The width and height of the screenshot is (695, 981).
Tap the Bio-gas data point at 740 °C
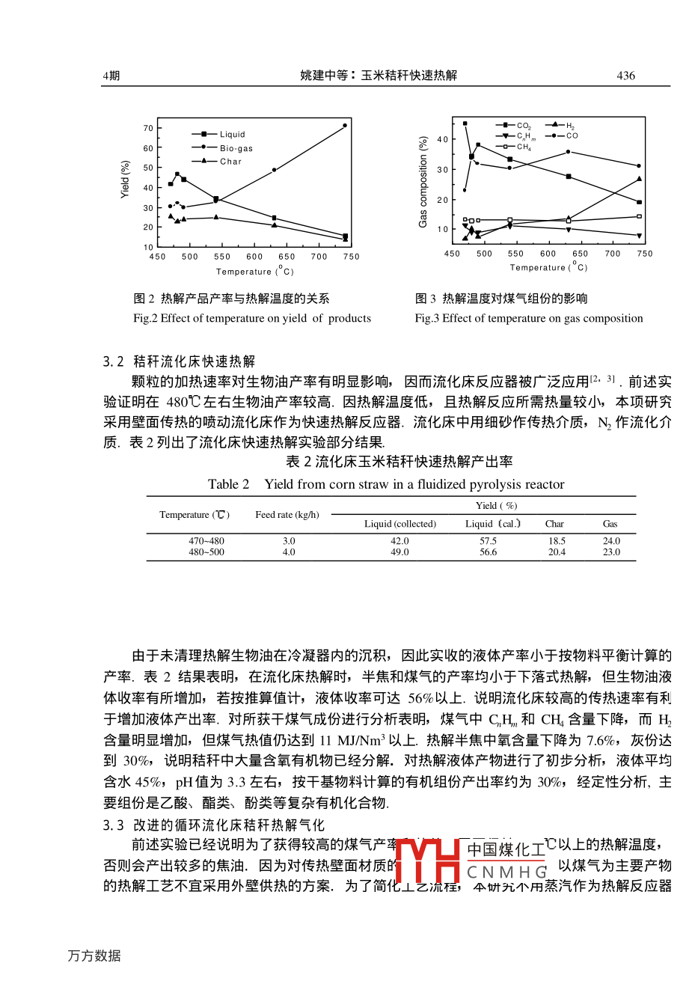(x=345, y=126)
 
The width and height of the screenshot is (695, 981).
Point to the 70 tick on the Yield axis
(x=148, y=129)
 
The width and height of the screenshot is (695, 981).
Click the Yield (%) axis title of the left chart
(x=126, y=180)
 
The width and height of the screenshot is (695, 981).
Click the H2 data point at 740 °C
(x=639, y=179)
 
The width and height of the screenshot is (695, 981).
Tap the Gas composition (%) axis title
(x=423, y=182)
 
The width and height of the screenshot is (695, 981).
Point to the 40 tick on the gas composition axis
(x=442, y=139)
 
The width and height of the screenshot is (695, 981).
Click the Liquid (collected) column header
(x=400, y=524)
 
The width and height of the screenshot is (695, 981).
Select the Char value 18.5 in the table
(x=557, y=540)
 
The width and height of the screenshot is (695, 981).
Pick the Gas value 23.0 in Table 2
(x=611, y=552)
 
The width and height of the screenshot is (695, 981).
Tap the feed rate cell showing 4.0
(x=289, y=552)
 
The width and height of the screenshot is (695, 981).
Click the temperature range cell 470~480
(x=206, y=540)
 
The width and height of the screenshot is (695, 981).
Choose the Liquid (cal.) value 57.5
(x=488, y=540)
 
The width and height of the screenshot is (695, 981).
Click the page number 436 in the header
(x=625, y=76)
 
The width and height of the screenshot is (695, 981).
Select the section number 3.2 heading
(x=114, y=362)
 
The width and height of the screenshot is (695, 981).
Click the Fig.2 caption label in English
(x=145, y=318)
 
